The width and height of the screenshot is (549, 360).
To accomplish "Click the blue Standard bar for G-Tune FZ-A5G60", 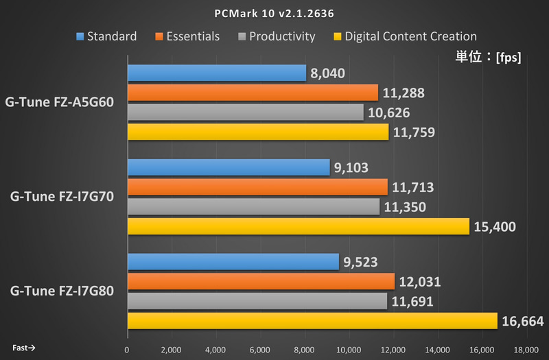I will tap(216, 73).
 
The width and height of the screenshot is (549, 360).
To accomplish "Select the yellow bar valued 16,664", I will tap(312, 321).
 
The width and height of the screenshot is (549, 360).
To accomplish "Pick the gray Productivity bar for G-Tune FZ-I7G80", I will tap(257, 301).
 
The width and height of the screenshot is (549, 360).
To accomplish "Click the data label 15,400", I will tap(497, 226).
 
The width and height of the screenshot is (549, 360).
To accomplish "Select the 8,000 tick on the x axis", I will tap(305, 349).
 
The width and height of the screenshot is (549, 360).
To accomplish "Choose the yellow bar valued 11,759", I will tap(257, 132).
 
